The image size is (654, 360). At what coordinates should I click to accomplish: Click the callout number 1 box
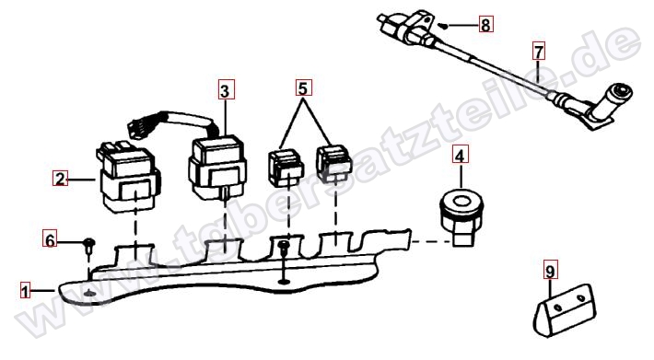(x=26, y=290)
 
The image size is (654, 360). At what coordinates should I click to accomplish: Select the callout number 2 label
(x=60, y=179)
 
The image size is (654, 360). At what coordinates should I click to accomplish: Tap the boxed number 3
(x=227, y=89)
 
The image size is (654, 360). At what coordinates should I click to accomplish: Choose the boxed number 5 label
(x=304, y=87)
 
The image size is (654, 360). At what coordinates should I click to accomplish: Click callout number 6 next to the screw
(x=50, y=240)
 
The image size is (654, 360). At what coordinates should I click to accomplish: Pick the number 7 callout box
(x=539, y=52)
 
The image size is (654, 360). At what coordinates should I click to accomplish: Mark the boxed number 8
(x=485, y=25)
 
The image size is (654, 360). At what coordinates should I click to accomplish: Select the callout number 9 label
(x=550, y=271)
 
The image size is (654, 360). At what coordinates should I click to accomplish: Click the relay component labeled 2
(x=129, y=178)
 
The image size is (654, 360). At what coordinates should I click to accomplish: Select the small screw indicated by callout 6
(x=89, y=246)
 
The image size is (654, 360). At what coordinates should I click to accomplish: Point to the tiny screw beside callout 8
(x=444, y=26)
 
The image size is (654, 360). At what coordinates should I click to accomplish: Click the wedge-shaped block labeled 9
(x=565, y=309)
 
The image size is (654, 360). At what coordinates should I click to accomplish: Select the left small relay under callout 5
(x=286, y=168)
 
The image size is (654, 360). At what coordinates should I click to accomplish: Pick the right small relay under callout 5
(x=333, y=163)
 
